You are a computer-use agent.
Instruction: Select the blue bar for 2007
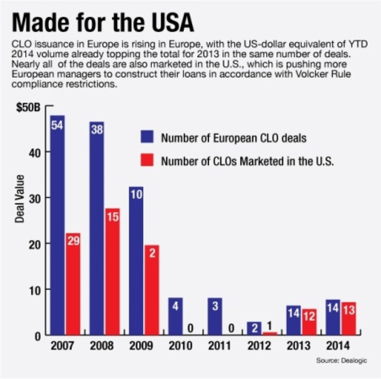click(57, 226)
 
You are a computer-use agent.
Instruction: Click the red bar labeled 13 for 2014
click(348, 319)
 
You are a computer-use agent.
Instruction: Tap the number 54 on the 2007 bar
click(57, 125)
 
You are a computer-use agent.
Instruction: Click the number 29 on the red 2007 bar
click(73, 241)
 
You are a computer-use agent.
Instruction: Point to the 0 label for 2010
click(190, 328)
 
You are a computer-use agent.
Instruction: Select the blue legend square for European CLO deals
click(148, 138)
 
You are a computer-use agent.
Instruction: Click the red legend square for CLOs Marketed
click(148, 161)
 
